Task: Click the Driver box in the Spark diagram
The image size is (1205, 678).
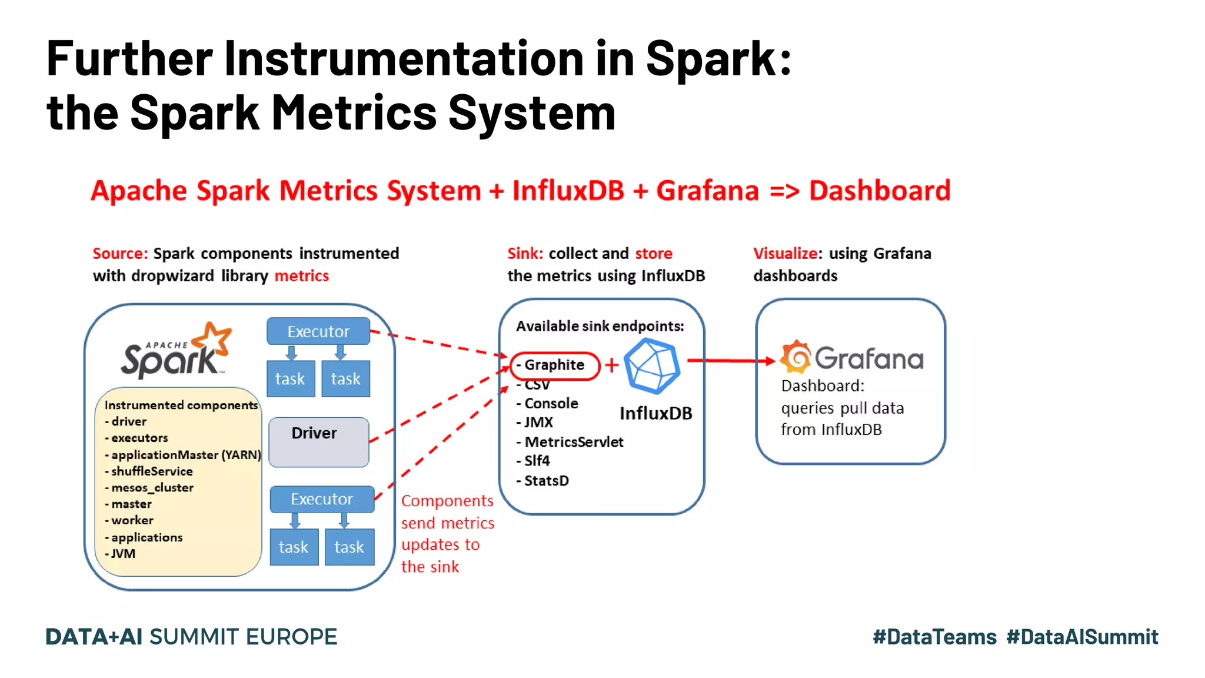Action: pos(318,442)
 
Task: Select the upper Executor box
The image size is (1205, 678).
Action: pos(318,331)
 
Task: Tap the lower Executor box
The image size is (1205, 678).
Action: pos(322,499)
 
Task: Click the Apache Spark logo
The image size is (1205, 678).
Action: pos(175,351)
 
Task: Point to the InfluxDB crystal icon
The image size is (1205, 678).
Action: pos(651,366)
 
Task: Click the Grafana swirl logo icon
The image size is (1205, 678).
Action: pos(795,357)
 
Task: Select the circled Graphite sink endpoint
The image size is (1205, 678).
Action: pos(554,365)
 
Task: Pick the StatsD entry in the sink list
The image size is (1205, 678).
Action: pos(546,481)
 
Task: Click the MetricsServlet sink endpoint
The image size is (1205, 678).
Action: pos(573,442)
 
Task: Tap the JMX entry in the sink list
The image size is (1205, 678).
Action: pos(538,423)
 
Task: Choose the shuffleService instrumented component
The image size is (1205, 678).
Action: pos(151,471)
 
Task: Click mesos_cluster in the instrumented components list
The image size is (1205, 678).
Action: pos(152,488)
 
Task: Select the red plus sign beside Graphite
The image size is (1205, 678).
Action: pos(612,365)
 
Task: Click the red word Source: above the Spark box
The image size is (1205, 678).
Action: pos(120,254)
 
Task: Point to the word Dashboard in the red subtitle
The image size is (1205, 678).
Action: pos(880,191)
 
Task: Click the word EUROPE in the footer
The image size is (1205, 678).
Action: pos(291,637)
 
